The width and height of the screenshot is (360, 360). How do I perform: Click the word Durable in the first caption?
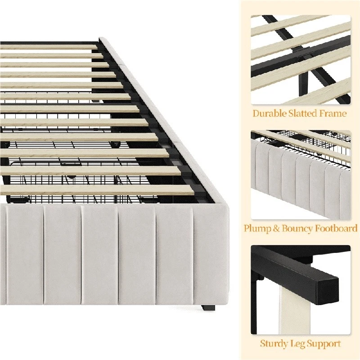coord(269,113)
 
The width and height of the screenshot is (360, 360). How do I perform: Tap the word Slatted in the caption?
coord(303,113)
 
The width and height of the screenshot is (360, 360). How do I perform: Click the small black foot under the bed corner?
coord(208,308)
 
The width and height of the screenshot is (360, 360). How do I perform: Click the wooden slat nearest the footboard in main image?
coord(96,190)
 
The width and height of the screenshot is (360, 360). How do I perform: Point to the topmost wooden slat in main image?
coord(49,47)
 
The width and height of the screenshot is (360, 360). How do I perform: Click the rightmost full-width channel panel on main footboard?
coord(174,255)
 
